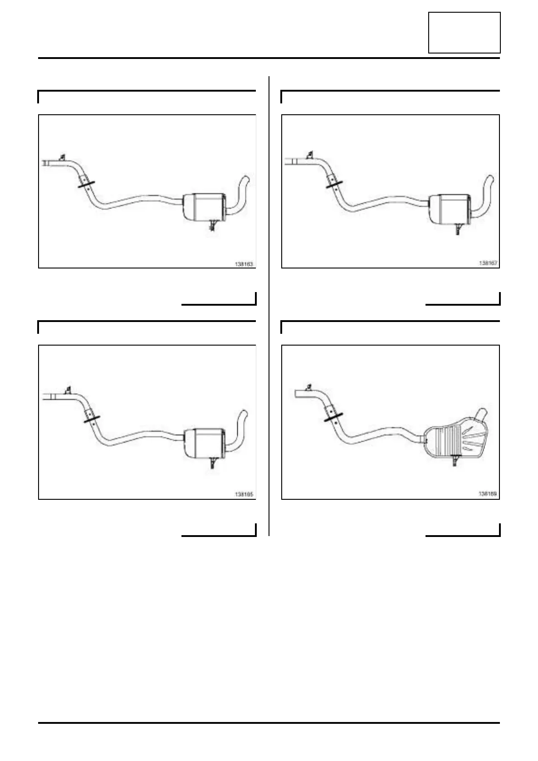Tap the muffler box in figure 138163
click(x=204, y=206)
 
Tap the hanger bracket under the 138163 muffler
click(x=212, y=225)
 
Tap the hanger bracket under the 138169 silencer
click(x=455, y=460)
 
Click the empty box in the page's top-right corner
click(x=464, y=33)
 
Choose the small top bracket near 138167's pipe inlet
click(x=310, y=156)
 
